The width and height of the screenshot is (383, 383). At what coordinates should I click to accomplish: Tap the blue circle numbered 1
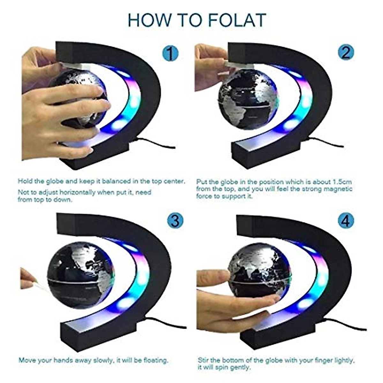[x=171, y=53]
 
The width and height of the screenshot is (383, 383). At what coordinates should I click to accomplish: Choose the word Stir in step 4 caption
[x=204, y=360]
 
